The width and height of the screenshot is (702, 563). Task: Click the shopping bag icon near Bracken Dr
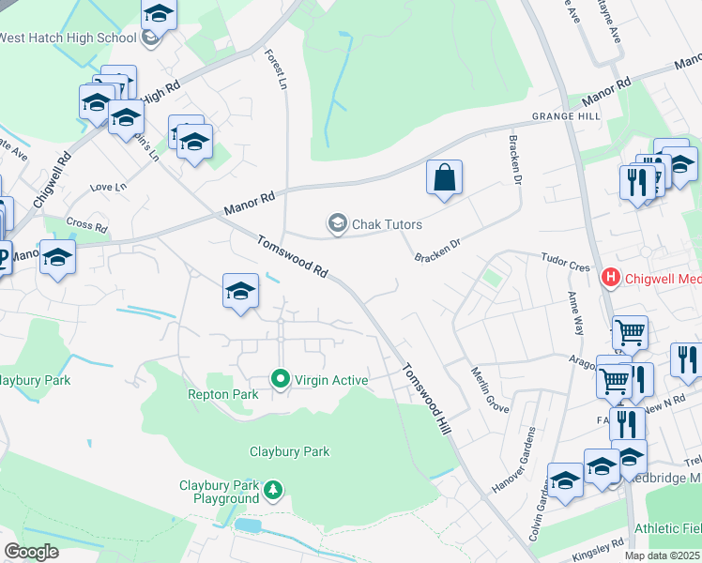click(444, 177)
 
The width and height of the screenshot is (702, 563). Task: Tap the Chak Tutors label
click(387, 224)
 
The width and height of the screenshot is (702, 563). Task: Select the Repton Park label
click(222, 395)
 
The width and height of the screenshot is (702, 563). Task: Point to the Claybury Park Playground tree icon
click(273, 489)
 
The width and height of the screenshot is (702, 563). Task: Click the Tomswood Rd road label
click(292, 255)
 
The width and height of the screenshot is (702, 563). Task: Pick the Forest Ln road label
click(275, 69)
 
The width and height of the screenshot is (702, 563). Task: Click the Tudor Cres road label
click(566, 261)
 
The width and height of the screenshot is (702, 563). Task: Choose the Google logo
click(31, 551)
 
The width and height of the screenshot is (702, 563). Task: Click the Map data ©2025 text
click(662, 555)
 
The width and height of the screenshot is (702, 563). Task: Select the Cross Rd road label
click(87, 224)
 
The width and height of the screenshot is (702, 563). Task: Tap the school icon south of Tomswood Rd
click(240, 292)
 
